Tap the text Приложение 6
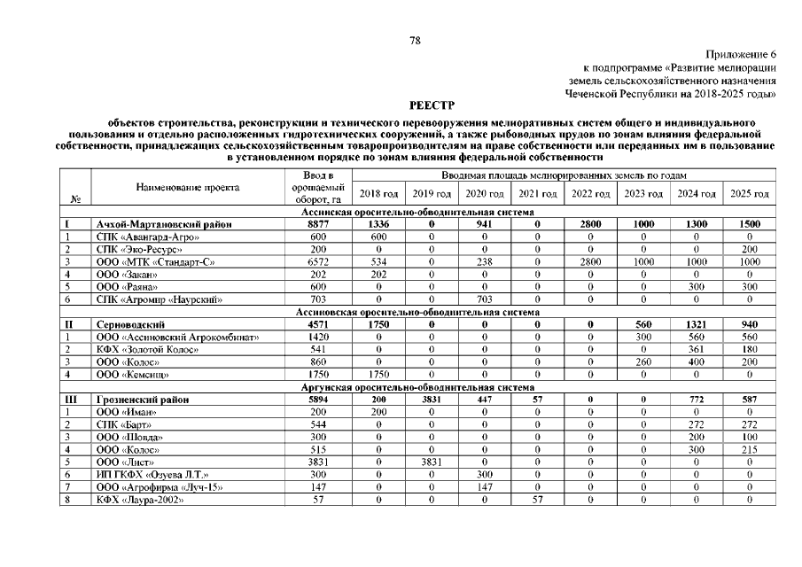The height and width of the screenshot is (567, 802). [x=742, y=55]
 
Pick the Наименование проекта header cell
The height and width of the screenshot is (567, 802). [x=188, y=188]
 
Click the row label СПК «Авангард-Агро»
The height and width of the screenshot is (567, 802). [x=147, y=237]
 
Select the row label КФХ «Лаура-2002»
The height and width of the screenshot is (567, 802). [x=140, y=501]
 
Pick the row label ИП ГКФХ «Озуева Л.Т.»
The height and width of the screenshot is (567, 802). [x=145, y=475]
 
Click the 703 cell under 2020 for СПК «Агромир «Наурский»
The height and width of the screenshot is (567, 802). [x=484, y=300]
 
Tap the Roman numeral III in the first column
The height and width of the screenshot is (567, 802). [x=67, y=400]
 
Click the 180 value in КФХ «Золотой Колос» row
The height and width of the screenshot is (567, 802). [x=749, y=350]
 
